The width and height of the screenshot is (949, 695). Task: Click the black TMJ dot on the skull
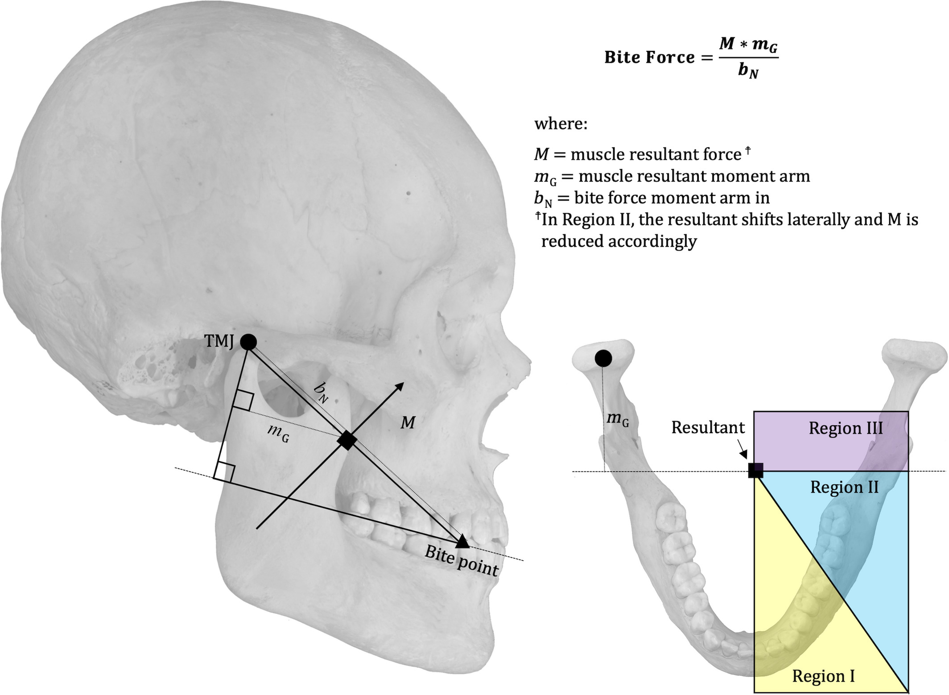click(248, 342)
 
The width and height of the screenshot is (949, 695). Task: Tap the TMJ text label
click(219, 341)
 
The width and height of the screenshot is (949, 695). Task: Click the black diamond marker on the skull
click(347, 440)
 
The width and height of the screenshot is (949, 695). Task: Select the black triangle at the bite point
click(462, 541)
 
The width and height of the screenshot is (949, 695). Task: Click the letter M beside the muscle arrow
click(408, 422)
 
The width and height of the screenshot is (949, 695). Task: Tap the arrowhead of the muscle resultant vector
click(399, 387)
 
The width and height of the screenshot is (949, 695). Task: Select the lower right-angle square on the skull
click(224, 472)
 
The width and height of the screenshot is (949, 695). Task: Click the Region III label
click(846, 428)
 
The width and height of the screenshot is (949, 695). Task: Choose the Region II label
click(844, 487)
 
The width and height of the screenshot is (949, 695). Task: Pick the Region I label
click(823, 676)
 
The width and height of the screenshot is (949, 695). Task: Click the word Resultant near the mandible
click(708, 427)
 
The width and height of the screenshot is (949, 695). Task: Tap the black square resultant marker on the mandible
click(755, 471)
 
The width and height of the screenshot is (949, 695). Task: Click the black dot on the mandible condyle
click(603, 358)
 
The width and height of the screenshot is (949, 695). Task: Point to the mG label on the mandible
click(618, 419)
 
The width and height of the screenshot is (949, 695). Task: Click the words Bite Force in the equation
click(649, 58)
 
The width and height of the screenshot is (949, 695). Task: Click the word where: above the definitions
click(561, 124)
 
